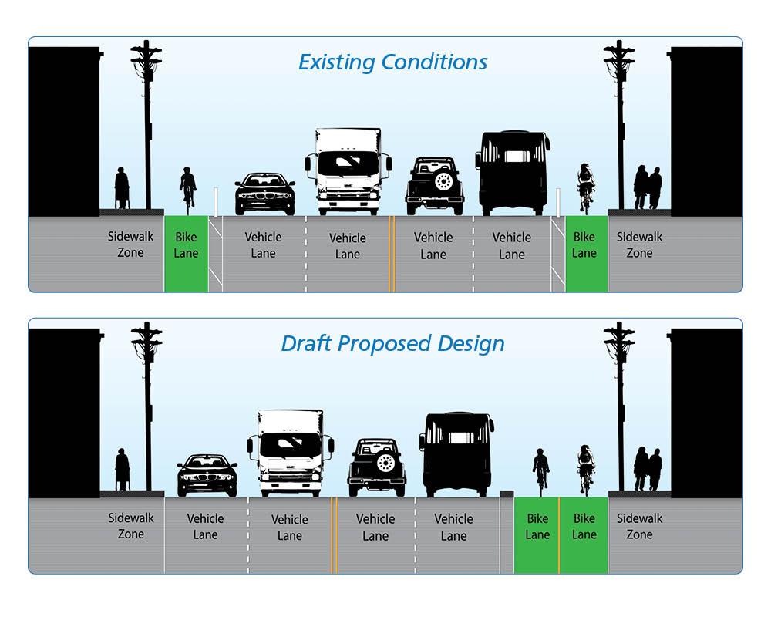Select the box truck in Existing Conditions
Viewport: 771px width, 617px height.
(x=348, y=171)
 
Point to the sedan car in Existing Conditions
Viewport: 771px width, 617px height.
(x=264, y=194)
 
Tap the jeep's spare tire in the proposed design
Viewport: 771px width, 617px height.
(x=385, y=463)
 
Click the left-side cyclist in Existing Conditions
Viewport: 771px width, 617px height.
(x=187, y=187)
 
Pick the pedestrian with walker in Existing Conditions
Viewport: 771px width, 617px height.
(x=122, y=188)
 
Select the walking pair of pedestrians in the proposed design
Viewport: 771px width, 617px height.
(x=648, y=468)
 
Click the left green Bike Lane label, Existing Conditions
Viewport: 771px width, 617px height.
(x=186, y=245)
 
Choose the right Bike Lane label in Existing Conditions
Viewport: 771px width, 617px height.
(x=584, y=245)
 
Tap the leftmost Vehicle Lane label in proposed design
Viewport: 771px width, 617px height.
(x=206, y=527)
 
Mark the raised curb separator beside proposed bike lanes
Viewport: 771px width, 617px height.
(x=507, y=494)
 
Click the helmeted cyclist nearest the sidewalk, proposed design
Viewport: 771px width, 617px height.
(x=586, y=467)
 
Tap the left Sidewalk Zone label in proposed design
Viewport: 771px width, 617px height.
(x=131, y=527)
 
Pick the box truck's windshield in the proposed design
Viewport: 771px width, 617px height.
(x=291, y=445)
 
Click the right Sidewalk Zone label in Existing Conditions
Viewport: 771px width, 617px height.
(x=639, y=245)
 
